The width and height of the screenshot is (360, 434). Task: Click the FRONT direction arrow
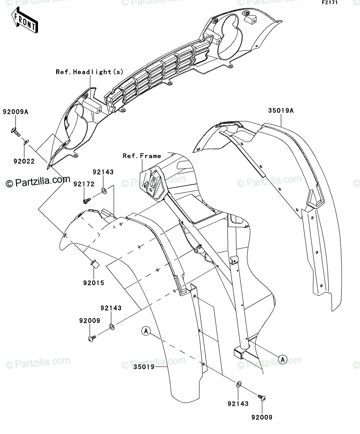click(25, 20)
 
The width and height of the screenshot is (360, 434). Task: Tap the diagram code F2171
click(330, 3)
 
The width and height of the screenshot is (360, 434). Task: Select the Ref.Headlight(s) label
click(90, 72)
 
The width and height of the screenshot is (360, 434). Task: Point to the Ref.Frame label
click(142, 156)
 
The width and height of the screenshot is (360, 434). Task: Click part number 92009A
click(16, 112)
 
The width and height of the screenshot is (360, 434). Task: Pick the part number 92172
click(84, 184)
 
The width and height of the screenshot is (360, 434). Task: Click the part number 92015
click(94, 283)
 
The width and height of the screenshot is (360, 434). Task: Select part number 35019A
click(281, 111)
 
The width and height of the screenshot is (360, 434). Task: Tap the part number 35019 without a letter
click(144, 367)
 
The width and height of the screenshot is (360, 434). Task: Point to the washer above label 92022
click(26, 142)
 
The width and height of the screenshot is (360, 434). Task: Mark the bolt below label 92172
click(87, 201)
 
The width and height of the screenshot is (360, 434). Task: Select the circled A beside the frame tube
click(283, 359)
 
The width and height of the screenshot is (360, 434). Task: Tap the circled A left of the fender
click(146, 331)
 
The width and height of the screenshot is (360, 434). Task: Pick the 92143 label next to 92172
click(103, 172)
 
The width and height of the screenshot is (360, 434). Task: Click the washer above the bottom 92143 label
click(239, 384)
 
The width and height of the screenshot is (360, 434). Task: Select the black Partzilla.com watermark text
click(38, 182)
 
